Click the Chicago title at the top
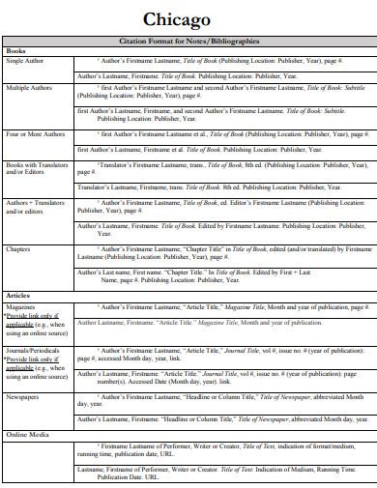tap(188, 18)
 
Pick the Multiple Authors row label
tap(30, 89)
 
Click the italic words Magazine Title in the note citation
tap(246, 305)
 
